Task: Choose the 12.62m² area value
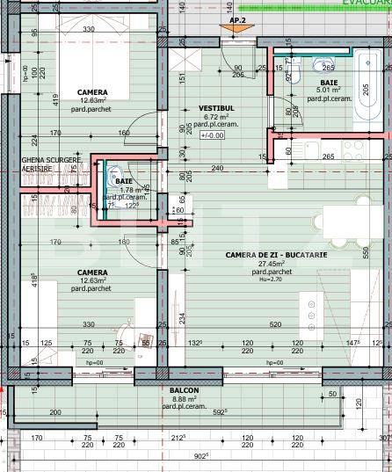[x=91, y=101]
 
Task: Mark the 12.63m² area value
[x=91, y=281]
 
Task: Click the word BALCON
[x=184, y=390]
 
